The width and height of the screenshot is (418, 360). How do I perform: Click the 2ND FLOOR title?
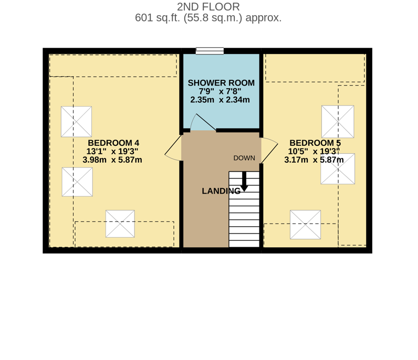click(208, 7)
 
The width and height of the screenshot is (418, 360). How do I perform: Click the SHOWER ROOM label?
click(221, 83)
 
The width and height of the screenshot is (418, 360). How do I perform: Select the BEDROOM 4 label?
click(113, 143)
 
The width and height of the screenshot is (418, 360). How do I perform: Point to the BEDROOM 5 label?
click(315, 143)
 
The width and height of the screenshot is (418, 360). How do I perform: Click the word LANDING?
click(221, 191)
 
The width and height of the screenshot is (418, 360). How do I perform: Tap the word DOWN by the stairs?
click(244, 158)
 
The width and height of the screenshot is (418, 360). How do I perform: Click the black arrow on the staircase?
click(244, 181)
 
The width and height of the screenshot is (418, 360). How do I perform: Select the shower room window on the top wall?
click(210, 51)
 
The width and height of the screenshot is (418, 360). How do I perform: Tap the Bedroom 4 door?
click(173, 148)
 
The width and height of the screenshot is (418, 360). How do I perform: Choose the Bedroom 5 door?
click(269, 150)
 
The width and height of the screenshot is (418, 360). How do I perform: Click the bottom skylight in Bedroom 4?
click(120, 224)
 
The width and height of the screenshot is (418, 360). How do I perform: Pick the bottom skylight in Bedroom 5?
click(305, 225)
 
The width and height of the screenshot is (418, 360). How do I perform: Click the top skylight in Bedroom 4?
click(76, 122)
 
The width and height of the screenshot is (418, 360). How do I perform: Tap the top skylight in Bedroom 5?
click(338, 122)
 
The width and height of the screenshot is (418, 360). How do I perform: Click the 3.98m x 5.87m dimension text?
click(112, 160)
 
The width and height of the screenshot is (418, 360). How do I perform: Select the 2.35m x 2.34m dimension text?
click(220, 100)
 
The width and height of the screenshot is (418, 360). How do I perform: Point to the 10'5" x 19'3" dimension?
click(314, 151)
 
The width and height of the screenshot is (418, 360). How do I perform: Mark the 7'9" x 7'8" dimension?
click(220, 91)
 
